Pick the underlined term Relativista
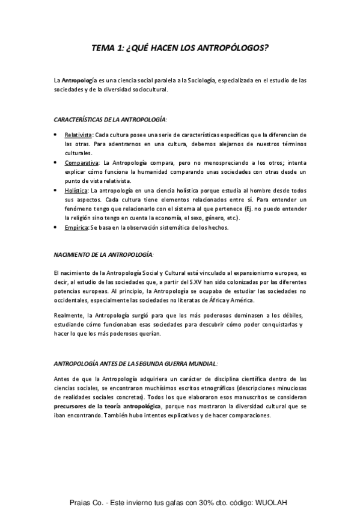[x=78, y=135]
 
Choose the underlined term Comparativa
[x=82, y=162]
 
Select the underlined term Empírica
[x=76, y=227]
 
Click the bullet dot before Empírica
[x=56, y=227]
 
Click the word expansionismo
[x=240, y=272]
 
